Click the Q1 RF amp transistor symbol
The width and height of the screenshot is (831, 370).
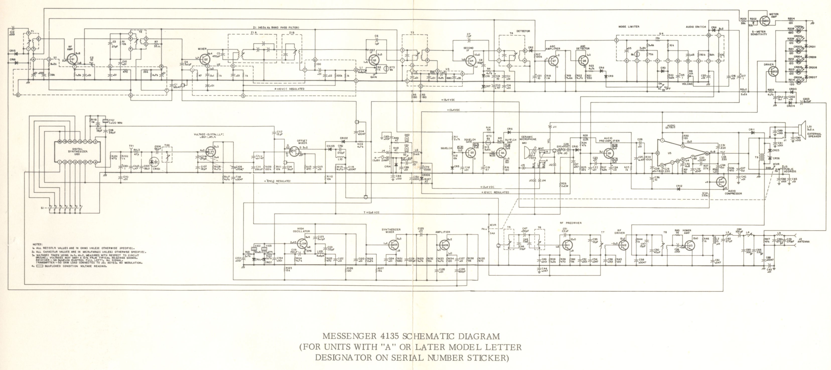pyautogui.click(x=72, y=60)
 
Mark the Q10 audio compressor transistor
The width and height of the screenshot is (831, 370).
pyautogui.click(x=722, y=182)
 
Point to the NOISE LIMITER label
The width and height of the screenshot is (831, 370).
pyautogui.click(x=629, y=27)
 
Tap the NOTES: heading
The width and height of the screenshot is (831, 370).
pyautogui.click(x=37, y=244)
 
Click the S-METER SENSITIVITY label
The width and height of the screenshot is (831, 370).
pyautogui.click(x=758, y=33)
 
